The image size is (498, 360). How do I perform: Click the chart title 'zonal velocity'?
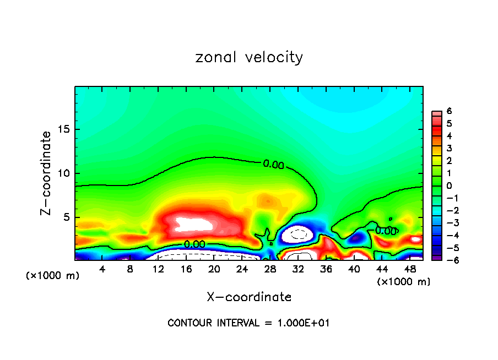click(x=249, y=57)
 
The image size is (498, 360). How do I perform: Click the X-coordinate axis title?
click(x=249, y=297)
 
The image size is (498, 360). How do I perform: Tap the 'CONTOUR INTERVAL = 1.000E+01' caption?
click(x=248, y=323)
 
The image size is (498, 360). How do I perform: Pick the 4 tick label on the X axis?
click(x=102, y=269)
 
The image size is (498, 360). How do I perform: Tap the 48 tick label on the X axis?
click(x=410, y=269)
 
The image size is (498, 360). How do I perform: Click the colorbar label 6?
click(x=449, y=111)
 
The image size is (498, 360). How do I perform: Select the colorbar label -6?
click(x=447, y=260)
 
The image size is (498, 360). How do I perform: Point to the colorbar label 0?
click(x=449, y=186)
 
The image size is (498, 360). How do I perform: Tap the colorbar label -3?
click(x=447, y=222)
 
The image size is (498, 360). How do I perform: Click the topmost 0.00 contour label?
click(x=273, y=163)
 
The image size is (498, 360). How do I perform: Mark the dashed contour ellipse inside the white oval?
click(x=298, y=233)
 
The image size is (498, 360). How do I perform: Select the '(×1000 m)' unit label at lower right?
click(x=403, y=281)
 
